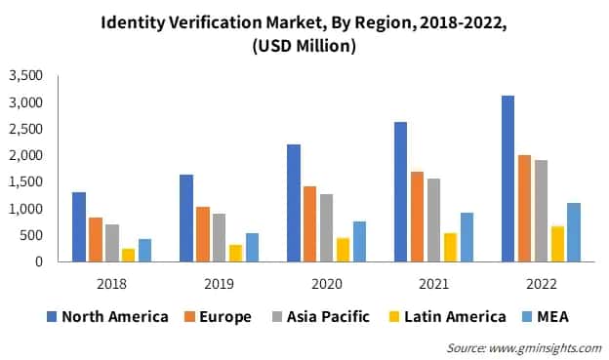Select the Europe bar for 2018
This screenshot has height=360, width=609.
coord(96,239)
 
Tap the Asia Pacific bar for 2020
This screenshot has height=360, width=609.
coord(326,227)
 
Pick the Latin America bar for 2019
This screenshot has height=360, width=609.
coord(235,253)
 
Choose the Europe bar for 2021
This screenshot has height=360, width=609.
coord(417,217)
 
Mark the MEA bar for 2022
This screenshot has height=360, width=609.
coord(574,232)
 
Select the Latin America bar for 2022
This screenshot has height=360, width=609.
coord(557,244)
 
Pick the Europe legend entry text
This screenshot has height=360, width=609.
coord(227,316)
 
